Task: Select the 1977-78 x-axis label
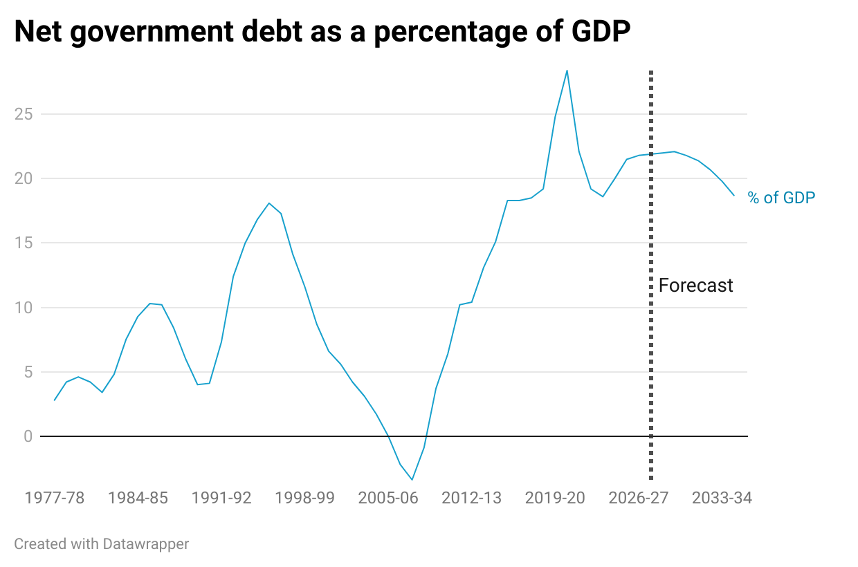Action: [x=55, y=499]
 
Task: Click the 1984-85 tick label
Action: [x=138, y=499]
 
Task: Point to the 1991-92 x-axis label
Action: [x=221, y=499]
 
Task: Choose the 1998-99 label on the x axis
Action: [x=304, y=499]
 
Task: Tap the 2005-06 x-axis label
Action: [x=388, y=499]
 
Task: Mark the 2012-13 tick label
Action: [x=471, y=499]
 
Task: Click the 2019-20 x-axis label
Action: [x=555, y=499]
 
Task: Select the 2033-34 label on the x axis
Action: [x=722, y=499]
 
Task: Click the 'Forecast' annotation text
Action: [x=695, y=286]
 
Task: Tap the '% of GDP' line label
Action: [x=781, y=198]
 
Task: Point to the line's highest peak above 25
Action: [x=567, y=71]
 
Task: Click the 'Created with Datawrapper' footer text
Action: [x=101, y=544]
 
